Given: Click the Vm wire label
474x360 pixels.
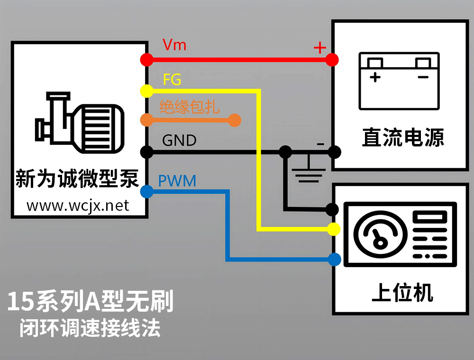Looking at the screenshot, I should point(174,45).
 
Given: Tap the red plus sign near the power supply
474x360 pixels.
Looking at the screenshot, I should point(320,47).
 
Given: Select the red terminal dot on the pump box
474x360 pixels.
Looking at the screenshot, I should point(146,60).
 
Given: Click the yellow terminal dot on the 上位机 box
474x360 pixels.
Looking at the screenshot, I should point(334,229).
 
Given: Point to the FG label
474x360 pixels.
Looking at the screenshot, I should point(172,80).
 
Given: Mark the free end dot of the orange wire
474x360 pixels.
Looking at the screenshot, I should point(235,120).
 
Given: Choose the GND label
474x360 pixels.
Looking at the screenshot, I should point(179,141).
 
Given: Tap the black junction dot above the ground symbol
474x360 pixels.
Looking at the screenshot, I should point(285,152).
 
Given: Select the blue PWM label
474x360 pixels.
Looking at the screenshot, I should point(177,181).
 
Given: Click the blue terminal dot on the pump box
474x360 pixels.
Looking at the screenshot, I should point(146,191).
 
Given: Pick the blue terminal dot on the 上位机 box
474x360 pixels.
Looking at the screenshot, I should point(334,259).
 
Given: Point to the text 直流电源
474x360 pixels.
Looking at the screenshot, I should point(403,138).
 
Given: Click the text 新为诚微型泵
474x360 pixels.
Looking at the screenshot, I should point(77,179).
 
